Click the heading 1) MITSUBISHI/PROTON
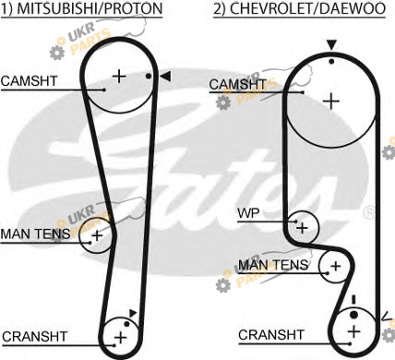(x=81, y=8)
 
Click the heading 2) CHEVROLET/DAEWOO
(x=300, y=8)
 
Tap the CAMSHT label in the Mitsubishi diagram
(x=29, y=81)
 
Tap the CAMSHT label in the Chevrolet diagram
(x=238, y=84)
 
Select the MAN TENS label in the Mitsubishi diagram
(x=35, y=234)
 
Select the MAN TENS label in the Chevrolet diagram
(x=273, y=265)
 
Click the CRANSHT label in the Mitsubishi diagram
(x=34, y=336)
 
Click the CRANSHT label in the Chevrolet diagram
(x=271, y=335)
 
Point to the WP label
(x=248, y=212)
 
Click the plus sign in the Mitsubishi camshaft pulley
(x=119, y=76)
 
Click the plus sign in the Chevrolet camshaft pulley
(x=331, y=102)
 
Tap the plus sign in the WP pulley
(x=302, y=228)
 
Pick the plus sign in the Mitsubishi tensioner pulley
(x=97, y=235)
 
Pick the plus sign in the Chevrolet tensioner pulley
(x=336, y=266)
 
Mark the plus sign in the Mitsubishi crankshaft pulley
(x=121, y=338)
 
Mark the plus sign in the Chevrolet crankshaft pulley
(x=354, y=331)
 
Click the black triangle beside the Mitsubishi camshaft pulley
(x=165, y=77)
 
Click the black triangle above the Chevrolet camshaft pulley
(x=331, y=45)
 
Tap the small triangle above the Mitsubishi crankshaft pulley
(x=133, y=313)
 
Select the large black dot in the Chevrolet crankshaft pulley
(x=354, y=315)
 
